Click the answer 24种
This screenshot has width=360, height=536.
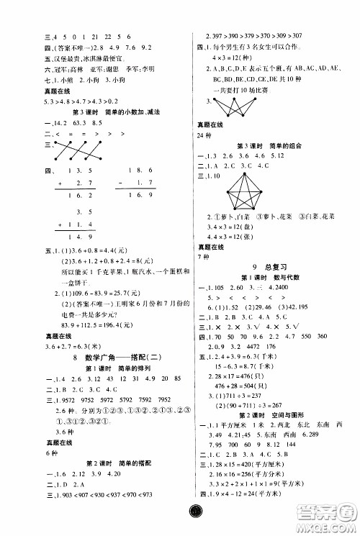pos(197,134)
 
